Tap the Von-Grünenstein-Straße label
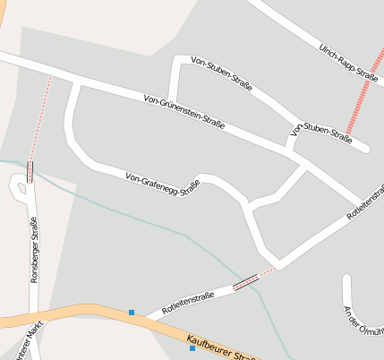(183, 111)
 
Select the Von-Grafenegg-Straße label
(162, 184)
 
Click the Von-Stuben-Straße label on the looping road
(222, 75)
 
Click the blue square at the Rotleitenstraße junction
(132, 312)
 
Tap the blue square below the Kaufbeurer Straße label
(192, 348)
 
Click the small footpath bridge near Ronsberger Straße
(30, 172)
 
